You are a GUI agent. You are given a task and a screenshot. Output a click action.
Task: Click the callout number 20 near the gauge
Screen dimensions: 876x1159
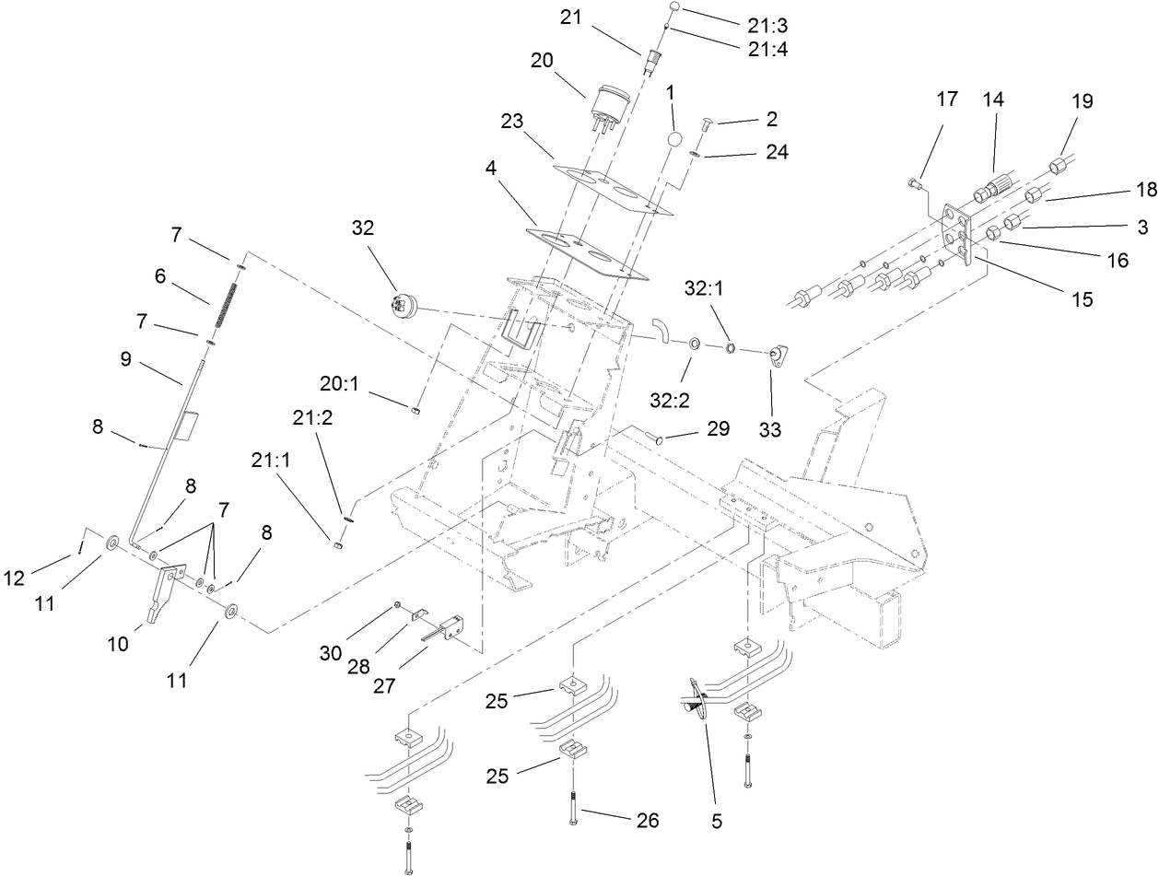pos(544,60)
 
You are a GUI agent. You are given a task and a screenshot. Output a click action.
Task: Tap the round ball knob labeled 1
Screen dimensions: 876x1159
pos(675,139)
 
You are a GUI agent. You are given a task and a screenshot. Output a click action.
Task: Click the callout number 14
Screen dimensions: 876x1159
pos(993,100)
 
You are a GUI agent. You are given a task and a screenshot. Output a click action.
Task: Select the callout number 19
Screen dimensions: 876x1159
pos(1082,100)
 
